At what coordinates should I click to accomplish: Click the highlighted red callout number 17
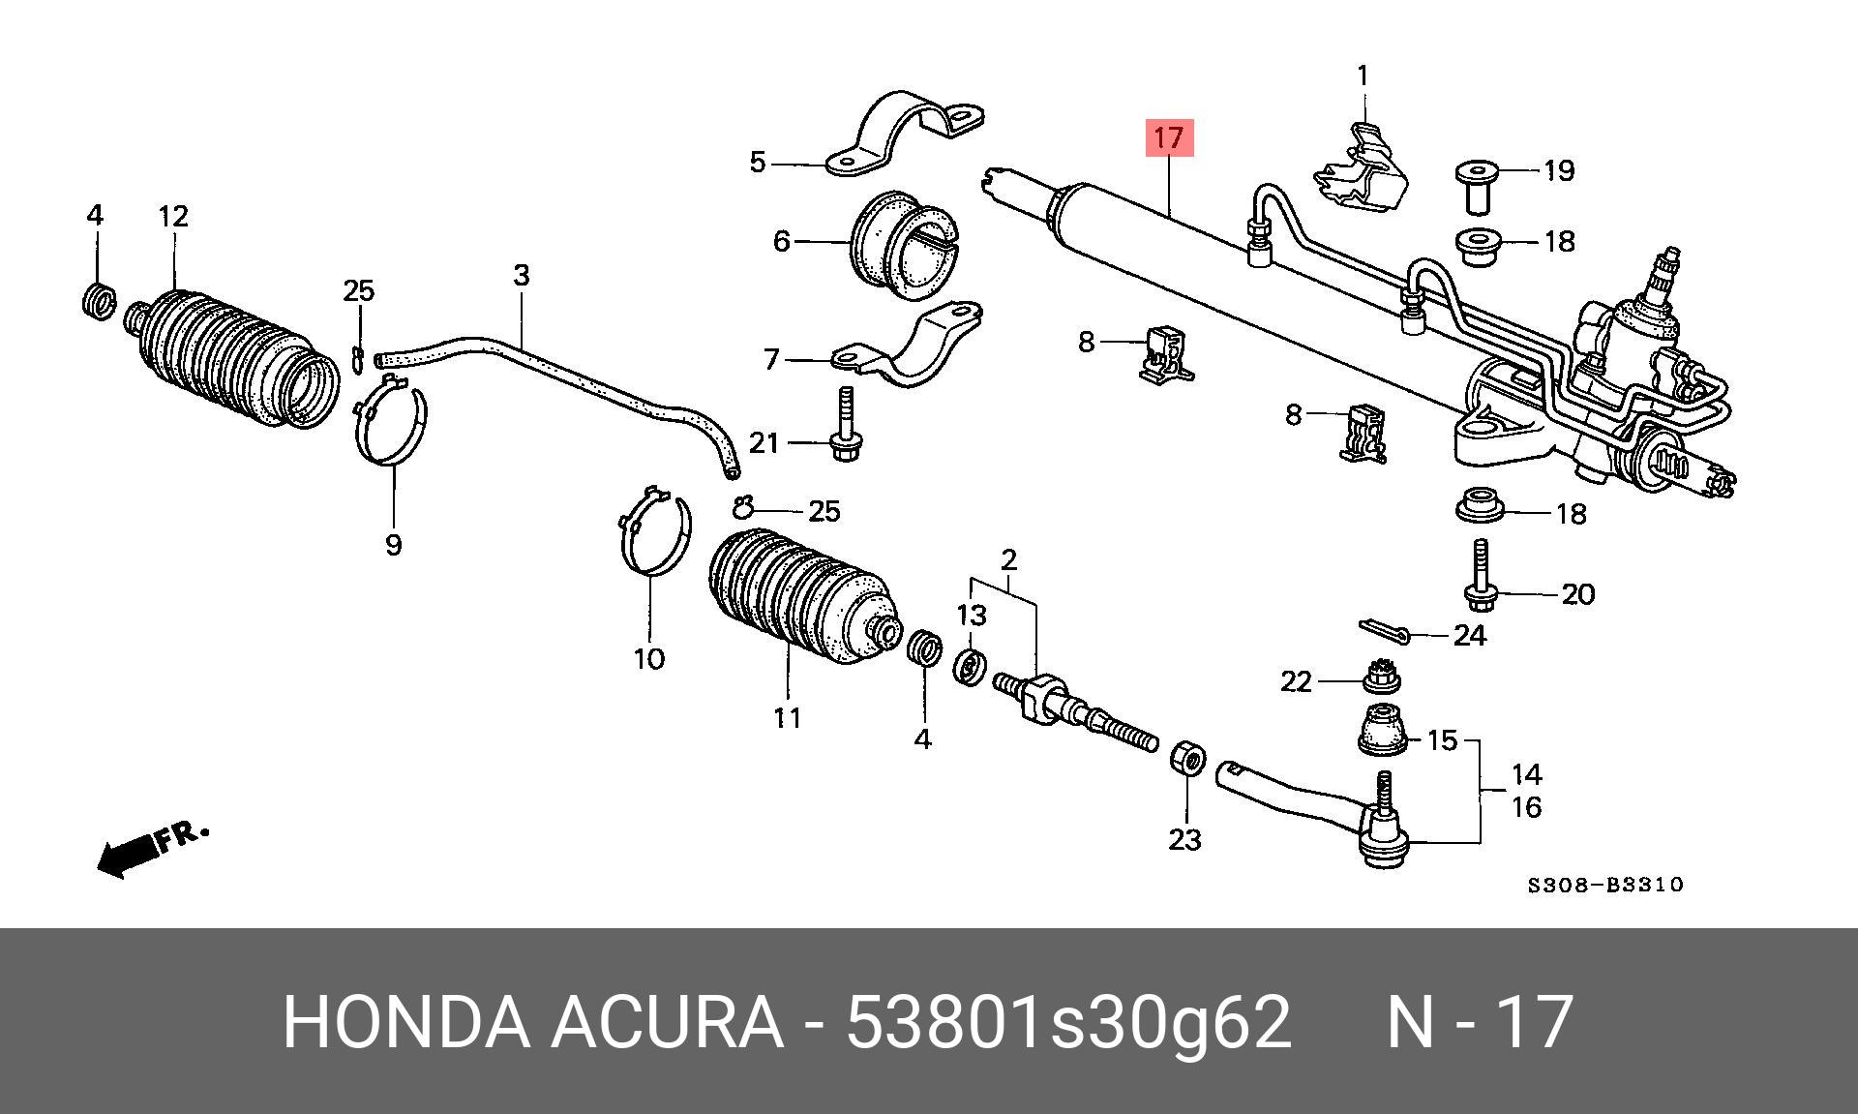[x=1169, y=137]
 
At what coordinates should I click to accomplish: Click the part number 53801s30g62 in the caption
[x=1068, y=1022]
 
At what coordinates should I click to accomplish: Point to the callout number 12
[x=173, y=216]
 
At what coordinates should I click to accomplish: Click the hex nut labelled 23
[x=1187, y=758]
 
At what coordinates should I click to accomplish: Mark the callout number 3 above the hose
[x=522, y=276]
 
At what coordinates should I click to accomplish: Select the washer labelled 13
[x=971, y=666]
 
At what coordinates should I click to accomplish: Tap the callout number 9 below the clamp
[x=393, y=545]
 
